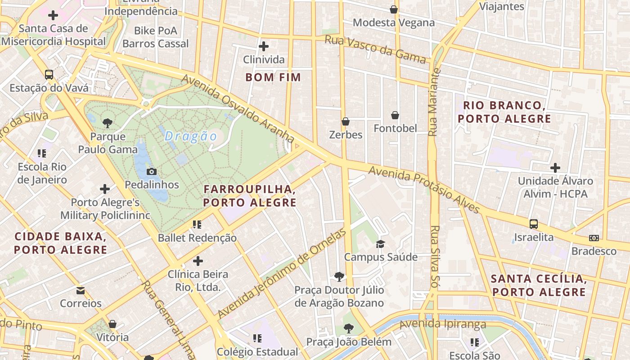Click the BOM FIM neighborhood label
pyautogui.click(x=273, y=77)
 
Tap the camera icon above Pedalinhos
pyautogui.click(x=152, y=171)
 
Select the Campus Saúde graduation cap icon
pyautogui.click(x=381, y=244)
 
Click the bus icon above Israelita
pyautogui.click(x=534, y=224)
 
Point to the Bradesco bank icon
pyautogui.click(x=594, y=238)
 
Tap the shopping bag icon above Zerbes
pyautogui.click(x=346, y=121)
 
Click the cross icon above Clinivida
pyautogui.click(x=264, y=46)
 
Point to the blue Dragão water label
pyautogui.click(x=191, y=136)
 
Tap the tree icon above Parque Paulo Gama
pyautogui.click(x=108, y=123)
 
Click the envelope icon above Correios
pyautogui.click(x=81, y=290)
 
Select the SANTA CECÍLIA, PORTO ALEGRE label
pyautogui.click(x=539, y=285)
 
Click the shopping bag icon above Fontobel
pyautogui.click(x=395, y=115)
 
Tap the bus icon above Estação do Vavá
pyautogui.click(x=49, y=75)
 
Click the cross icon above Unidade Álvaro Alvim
pyautogui.click(x=555, y=168)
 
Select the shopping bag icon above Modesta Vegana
pyautogui.click(x=394, y=9)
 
